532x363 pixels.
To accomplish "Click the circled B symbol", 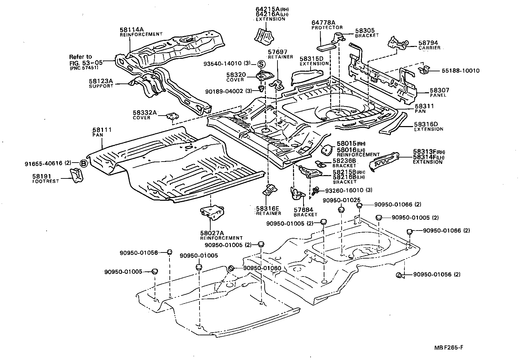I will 84,164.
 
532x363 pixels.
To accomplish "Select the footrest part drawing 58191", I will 76,175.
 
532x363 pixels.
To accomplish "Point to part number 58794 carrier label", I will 428,43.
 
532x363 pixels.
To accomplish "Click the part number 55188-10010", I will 460,71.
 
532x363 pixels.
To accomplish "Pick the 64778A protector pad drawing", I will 327,44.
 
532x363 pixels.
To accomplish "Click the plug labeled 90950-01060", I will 231,268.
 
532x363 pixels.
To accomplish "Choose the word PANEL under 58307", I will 438,95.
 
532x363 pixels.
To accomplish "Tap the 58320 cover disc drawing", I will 262,76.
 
